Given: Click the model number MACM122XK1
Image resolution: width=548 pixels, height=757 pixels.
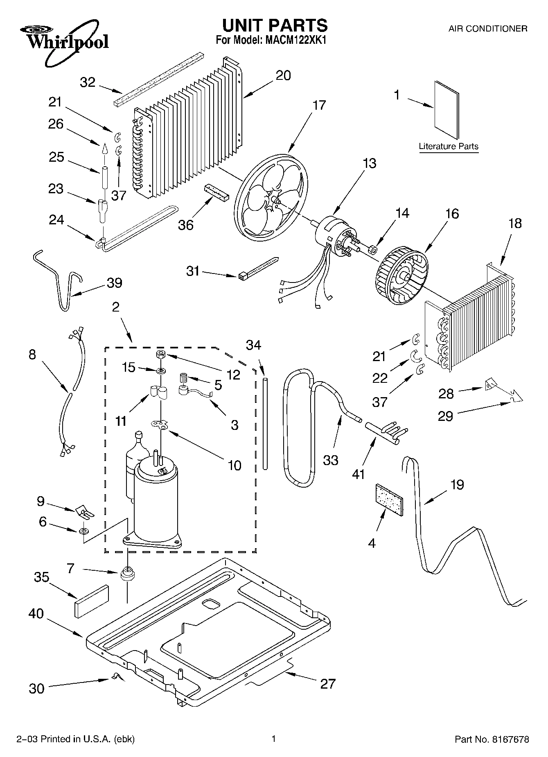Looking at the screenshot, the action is coord(294,41).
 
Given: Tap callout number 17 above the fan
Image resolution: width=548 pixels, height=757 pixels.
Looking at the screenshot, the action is coord(319,105).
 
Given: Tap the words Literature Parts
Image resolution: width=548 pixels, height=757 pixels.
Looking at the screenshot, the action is coord(449,146).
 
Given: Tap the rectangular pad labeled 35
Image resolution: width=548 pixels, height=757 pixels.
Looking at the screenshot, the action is coord(92,601).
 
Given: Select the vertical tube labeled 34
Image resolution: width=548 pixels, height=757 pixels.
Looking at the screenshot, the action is coord(265,424).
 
